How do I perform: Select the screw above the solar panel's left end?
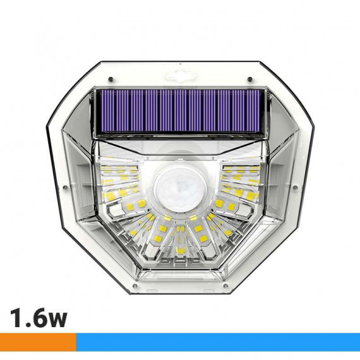111,79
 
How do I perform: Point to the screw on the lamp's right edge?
296,188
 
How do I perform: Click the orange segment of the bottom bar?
38,342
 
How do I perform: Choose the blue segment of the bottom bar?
218,342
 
